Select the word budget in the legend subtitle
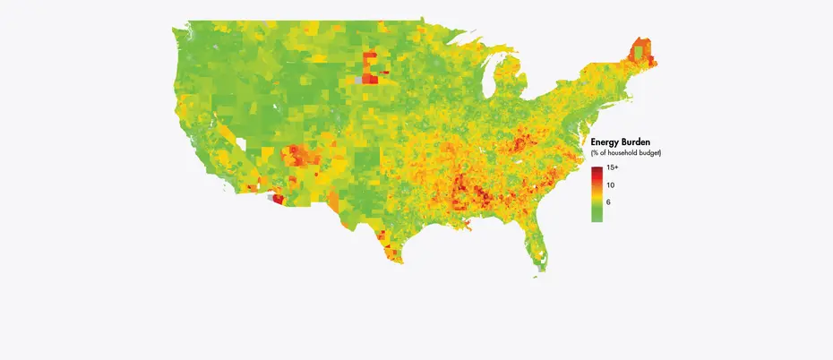point(648,154)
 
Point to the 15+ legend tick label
point(613,168)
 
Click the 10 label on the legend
point(610,184)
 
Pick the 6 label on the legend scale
point(608,202)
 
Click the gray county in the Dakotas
point(359,81)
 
